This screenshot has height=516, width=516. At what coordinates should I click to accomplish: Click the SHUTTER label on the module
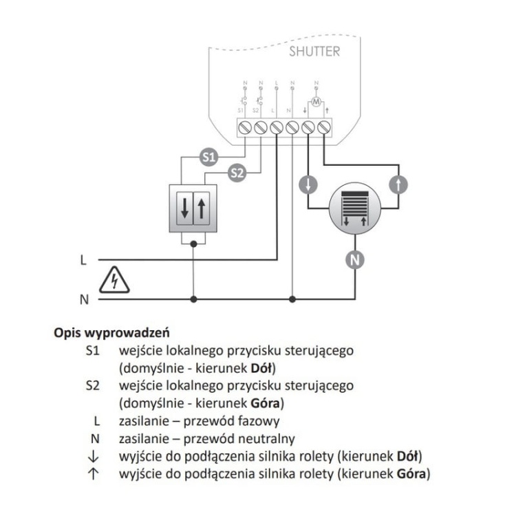tap(314, 52)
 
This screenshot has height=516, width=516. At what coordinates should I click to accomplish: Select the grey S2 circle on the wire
tap(237, 173)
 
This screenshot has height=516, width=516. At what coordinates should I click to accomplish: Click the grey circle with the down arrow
tap(307, 184)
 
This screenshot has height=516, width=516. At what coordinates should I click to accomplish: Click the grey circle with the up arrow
tap(399, 184)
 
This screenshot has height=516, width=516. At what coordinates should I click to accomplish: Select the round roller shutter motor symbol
tap(354, 208)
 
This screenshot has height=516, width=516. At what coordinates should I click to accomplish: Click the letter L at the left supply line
tap(83, 260)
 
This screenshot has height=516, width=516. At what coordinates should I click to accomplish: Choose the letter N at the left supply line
tap(83, 300)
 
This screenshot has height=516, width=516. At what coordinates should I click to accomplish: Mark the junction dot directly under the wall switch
tap(194, 244)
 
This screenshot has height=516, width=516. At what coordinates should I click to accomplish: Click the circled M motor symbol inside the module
tap(316, 102)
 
